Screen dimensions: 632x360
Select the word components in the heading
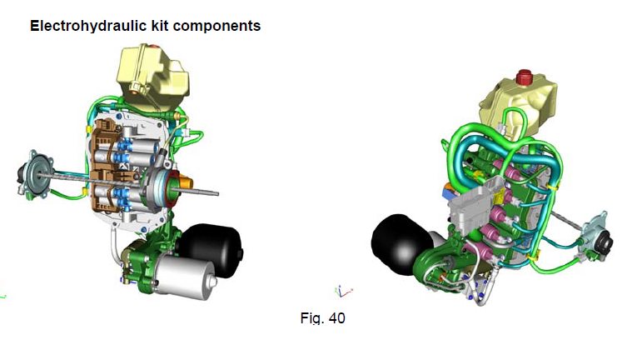point(216,27)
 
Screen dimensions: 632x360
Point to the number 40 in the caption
point(336,318)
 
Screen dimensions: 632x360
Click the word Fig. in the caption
point(312,318)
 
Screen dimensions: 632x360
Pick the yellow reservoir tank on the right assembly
point(518,104)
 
